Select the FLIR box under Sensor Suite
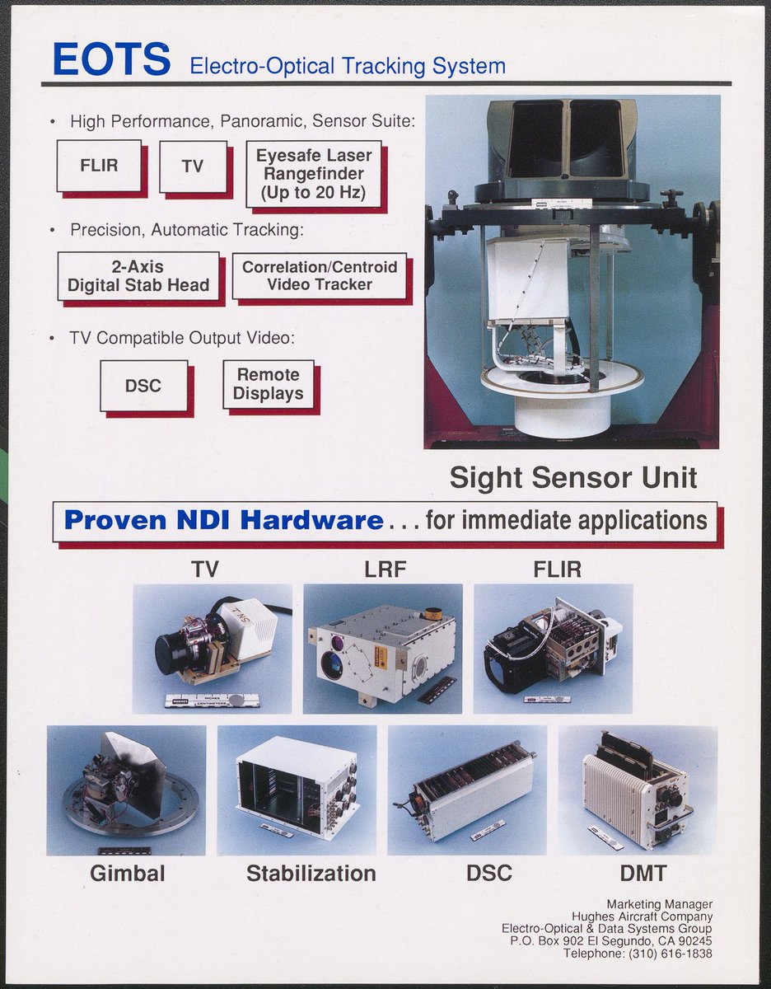coord(99,166)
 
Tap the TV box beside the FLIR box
coord(193,166)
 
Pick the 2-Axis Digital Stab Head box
coord(138,276)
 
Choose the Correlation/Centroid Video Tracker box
coord(320,275)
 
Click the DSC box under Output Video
coord(143,385)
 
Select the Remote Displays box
coord(269,384)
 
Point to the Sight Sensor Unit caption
coord(573,477)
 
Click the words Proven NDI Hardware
coord(223,520)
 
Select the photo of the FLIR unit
coord(553,649)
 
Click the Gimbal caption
coord(128,873)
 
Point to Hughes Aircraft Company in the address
coord(642,916)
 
